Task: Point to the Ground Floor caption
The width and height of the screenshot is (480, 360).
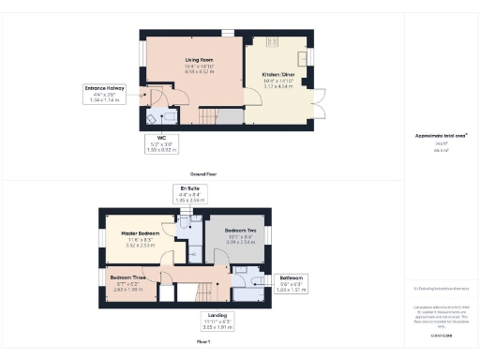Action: click(x=203, y=174)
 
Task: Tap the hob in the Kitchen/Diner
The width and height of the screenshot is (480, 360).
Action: click(x=274, y=42)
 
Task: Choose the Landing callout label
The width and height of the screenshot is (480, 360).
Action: click(x=217, y=320)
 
